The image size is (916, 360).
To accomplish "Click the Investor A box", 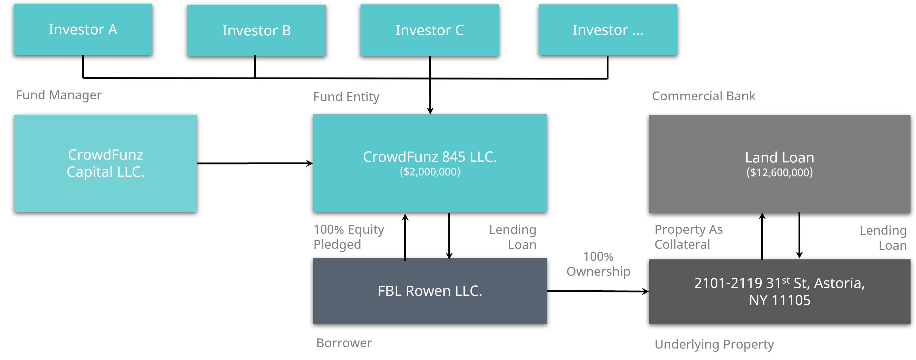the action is click(83, 30).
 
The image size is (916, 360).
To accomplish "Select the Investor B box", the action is click(256, 30).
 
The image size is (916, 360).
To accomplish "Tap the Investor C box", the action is click(430, 30).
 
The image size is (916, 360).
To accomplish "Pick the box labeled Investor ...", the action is click(608, 30).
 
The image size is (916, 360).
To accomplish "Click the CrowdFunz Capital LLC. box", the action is click(105, 163).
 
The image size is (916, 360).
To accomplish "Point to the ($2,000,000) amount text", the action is click(430, 172).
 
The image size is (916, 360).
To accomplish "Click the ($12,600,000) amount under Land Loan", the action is click(780, 173).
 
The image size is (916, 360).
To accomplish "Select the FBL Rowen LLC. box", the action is click(430, 291).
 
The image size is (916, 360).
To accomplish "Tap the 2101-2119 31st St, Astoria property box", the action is click(780, 291).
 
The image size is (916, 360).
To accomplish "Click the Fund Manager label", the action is click(59, 95).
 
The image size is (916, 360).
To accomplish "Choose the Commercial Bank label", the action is click(704, 96).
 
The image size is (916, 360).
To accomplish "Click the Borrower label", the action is click(344, 343).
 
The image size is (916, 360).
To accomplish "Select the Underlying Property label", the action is click(714, 344).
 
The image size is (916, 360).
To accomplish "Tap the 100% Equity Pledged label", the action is click(349, 237).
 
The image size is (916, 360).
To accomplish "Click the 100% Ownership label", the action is click(598, 264).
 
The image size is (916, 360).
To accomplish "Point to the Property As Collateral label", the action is click(689, 237).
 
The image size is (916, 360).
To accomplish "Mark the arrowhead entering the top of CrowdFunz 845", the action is click(430, 111).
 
